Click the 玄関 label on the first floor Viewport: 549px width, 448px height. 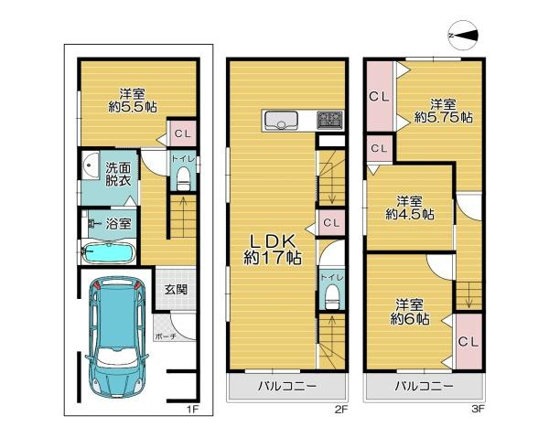(x=177, y=289)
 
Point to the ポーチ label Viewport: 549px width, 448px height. (x=166, y=336)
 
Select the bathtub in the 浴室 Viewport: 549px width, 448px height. (x=109, y=252)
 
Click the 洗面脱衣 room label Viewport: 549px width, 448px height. (x=116, y=175)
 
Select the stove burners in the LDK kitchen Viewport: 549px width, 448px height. (x=328, y=120)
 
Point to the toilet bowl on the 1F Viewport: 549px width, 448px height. (x=182, y=176)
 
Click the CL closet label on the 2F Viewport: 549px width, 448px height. (x=331, y=222)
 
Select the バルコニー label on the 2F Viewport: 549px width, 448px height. (x=286, y=386)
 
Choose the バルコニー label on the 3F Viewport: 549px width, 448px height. (x=424, y=386)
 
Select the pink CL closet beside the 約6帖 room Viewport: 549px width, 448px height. (x=467, y=341)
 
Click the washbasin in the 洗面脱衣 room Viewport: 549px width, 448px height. (x=88, y=168)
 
